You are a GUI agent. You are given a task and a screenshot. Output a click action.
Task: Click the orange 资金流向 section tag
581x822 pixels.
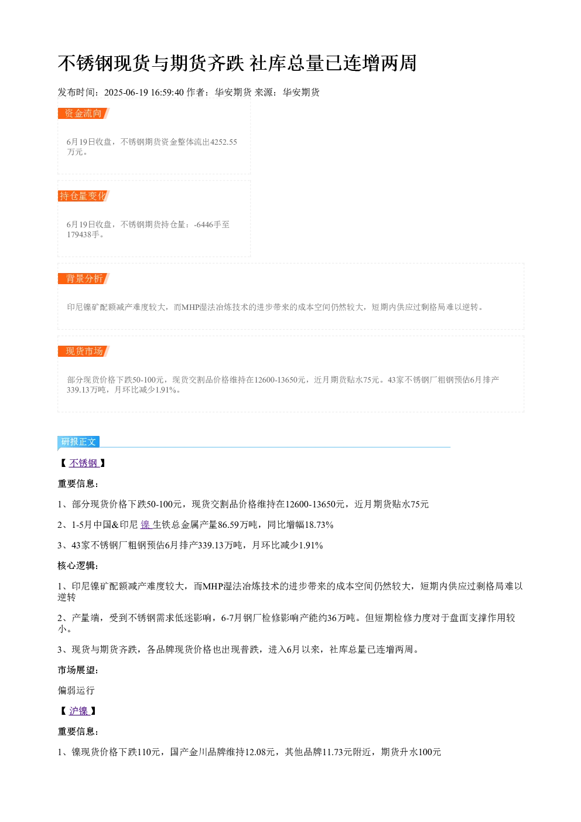(x=83, y=114)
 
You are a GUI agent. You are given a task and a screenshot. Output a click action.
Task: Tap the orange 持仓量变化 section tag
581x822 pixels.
(x=83, y=196)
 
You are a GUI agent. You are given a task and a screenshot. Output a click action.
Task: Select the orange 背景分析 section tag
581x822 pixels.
(x=83, y=278)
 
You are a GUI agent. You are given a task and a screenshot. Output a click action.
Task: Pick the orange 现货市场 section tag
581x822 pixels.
(x=83, y=351)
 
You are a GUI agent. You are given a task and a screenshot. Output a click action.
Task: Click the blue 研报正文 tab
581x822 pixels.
(x=78, y=441)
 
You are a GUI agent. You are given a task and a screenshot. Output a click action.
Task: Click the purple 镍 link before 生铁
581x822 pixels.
(x=146, y=525)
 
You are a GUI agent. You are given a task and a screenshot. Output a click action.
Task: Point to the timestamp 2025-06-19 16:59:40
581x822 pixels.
(x=143, y=93)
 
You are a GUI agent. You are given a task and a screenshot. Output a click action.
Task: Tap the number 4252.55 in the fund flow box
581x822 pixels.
(x=223, y=142)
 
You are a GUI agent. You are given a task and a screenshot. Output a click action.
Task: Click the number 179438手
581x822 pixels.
(x=83, y=234)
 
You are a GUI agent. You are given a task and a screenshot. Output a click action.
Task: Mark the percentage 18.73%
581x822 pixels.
(x=319, y=525)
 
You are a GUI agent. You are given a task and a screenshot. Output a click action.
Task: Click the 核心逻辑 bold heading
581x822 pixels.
(x=78, y=565)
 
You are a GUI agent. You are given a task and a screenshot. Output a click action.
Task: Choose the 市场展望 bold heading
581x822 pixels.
(x=78, y=670)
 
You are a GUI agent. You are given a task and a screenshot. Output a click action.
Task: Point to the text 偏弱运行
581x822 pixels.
(x=76, y=690)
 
